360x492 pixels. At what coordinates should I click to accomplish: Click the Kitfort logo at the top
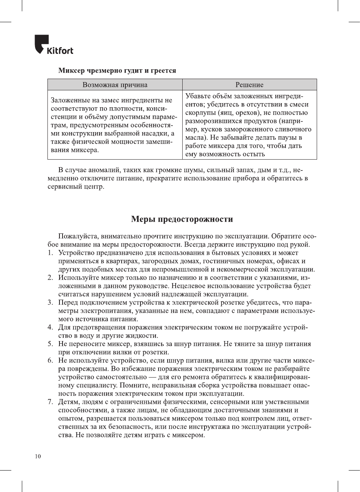[x=54, y=45]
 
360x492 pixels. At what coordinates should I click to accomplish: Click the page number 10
[x=38, y=456]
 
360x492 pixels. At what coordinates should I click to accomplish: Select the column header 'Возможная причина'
[x=115, y=85]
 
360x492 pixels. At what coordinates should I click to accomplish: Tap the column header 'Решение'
[x=249, y=85]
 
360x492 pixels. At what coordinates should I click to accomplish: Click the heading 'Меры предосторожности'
[x=182, y=219]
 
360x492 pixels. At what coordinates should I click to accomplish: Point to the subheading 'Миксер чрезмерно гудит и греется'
[x=117, y=70]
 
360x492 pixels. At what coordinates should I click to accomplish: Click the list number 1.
[x=50, y=253]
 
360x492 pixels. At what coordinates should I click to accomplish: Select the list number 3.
[x=50, y=303]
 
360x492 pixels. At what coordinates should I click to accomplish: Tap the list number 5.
[x=50, y=344]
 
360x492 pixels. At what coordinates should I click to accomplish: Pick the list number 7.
[x=50, y=402]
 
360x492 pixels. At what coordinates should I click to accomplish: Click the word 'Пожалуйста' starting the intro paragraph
[x=78, y=236]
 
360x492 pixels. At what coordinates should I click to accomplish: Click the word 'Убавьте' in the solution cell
[x=198, y=96]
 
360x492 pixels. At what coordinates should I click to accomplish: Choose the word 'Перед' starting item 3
[x=68, y=303]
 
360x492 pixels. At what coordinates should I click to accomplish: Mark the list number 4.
[x=50, y=327]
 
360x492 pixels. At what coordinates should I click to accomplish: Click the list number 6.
[x=50, y=361]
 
